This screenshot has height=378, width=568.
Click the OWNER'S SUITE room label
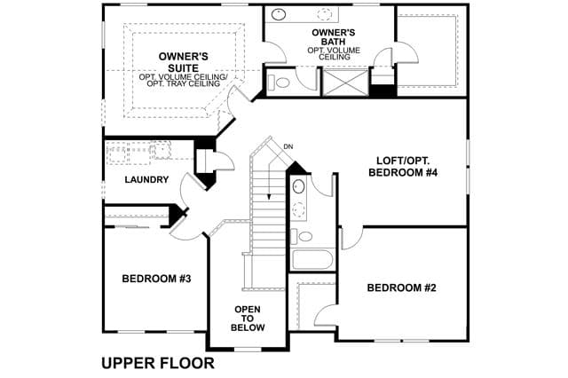click(184, 62)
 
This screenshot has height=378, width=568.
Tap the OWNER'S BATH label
click(334, 37)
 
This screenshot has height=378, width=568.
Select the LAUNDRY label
click(146, 179)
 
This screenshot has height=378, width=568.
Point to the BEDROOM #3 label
click(156, 279)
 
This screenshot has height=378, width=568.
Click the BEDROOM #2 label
click(401, 287)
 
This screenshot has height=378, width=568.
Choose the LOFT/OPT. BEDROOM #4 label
click(403, 167)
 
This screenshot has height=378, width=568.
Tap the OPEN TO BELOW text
click(248, 319)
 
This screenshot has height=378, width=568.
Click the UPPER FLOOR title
click(158, 363)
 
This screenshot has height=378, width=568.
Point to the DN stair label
click(288, 146)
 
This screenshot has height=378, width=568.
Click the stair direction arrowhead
click(269, 197)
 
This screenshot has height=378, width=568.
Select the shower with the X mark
click(345, 83)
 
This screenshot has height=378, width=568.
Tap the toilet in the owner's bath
click(278, 83)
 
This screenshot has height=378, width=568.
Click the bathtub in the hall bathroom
click(313, 260)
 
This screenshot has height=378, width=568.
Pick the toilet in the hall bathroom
click(302, 236)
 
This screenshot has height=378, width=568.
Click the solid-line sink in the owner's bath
click(279, 14)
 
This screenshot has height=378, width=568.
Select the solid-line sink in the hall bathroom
click(298, 186)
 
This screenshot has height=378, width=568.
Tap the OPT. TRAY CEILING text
click(184, 83)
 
